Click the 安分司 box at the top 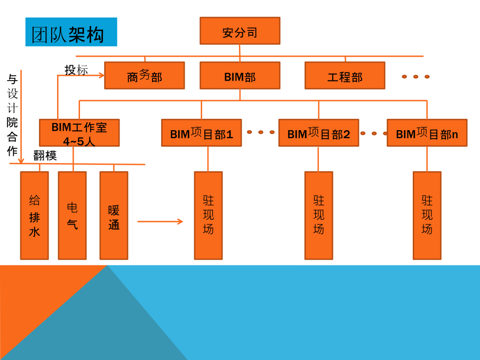point(239,30)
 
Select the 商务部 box point(145,75)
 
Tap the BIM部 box point(239,75)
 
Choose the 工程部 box point(345,75)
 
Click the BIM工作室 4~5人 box point(79,133)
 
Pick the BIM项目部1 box point(202,133)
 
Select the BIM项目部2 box point(319,133)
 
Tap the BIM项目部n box point(427,133)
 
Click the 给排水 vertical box point(34,215)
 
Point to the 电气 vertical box point(72,215)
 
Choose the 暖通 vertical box point(114,215)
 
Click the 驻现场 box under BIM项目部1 point(208,215)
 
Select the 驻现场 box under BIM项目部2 point(319,215)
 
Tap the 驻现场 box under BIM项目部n point(427,215)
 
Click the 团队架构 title point(68,35)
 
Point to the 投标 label point(76,70)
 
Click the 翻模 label point(45,156)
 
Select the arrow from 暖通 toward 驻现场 point(160,221)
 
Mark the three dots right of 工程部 point(415,76)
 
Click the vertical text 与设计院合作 point(12,115)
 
